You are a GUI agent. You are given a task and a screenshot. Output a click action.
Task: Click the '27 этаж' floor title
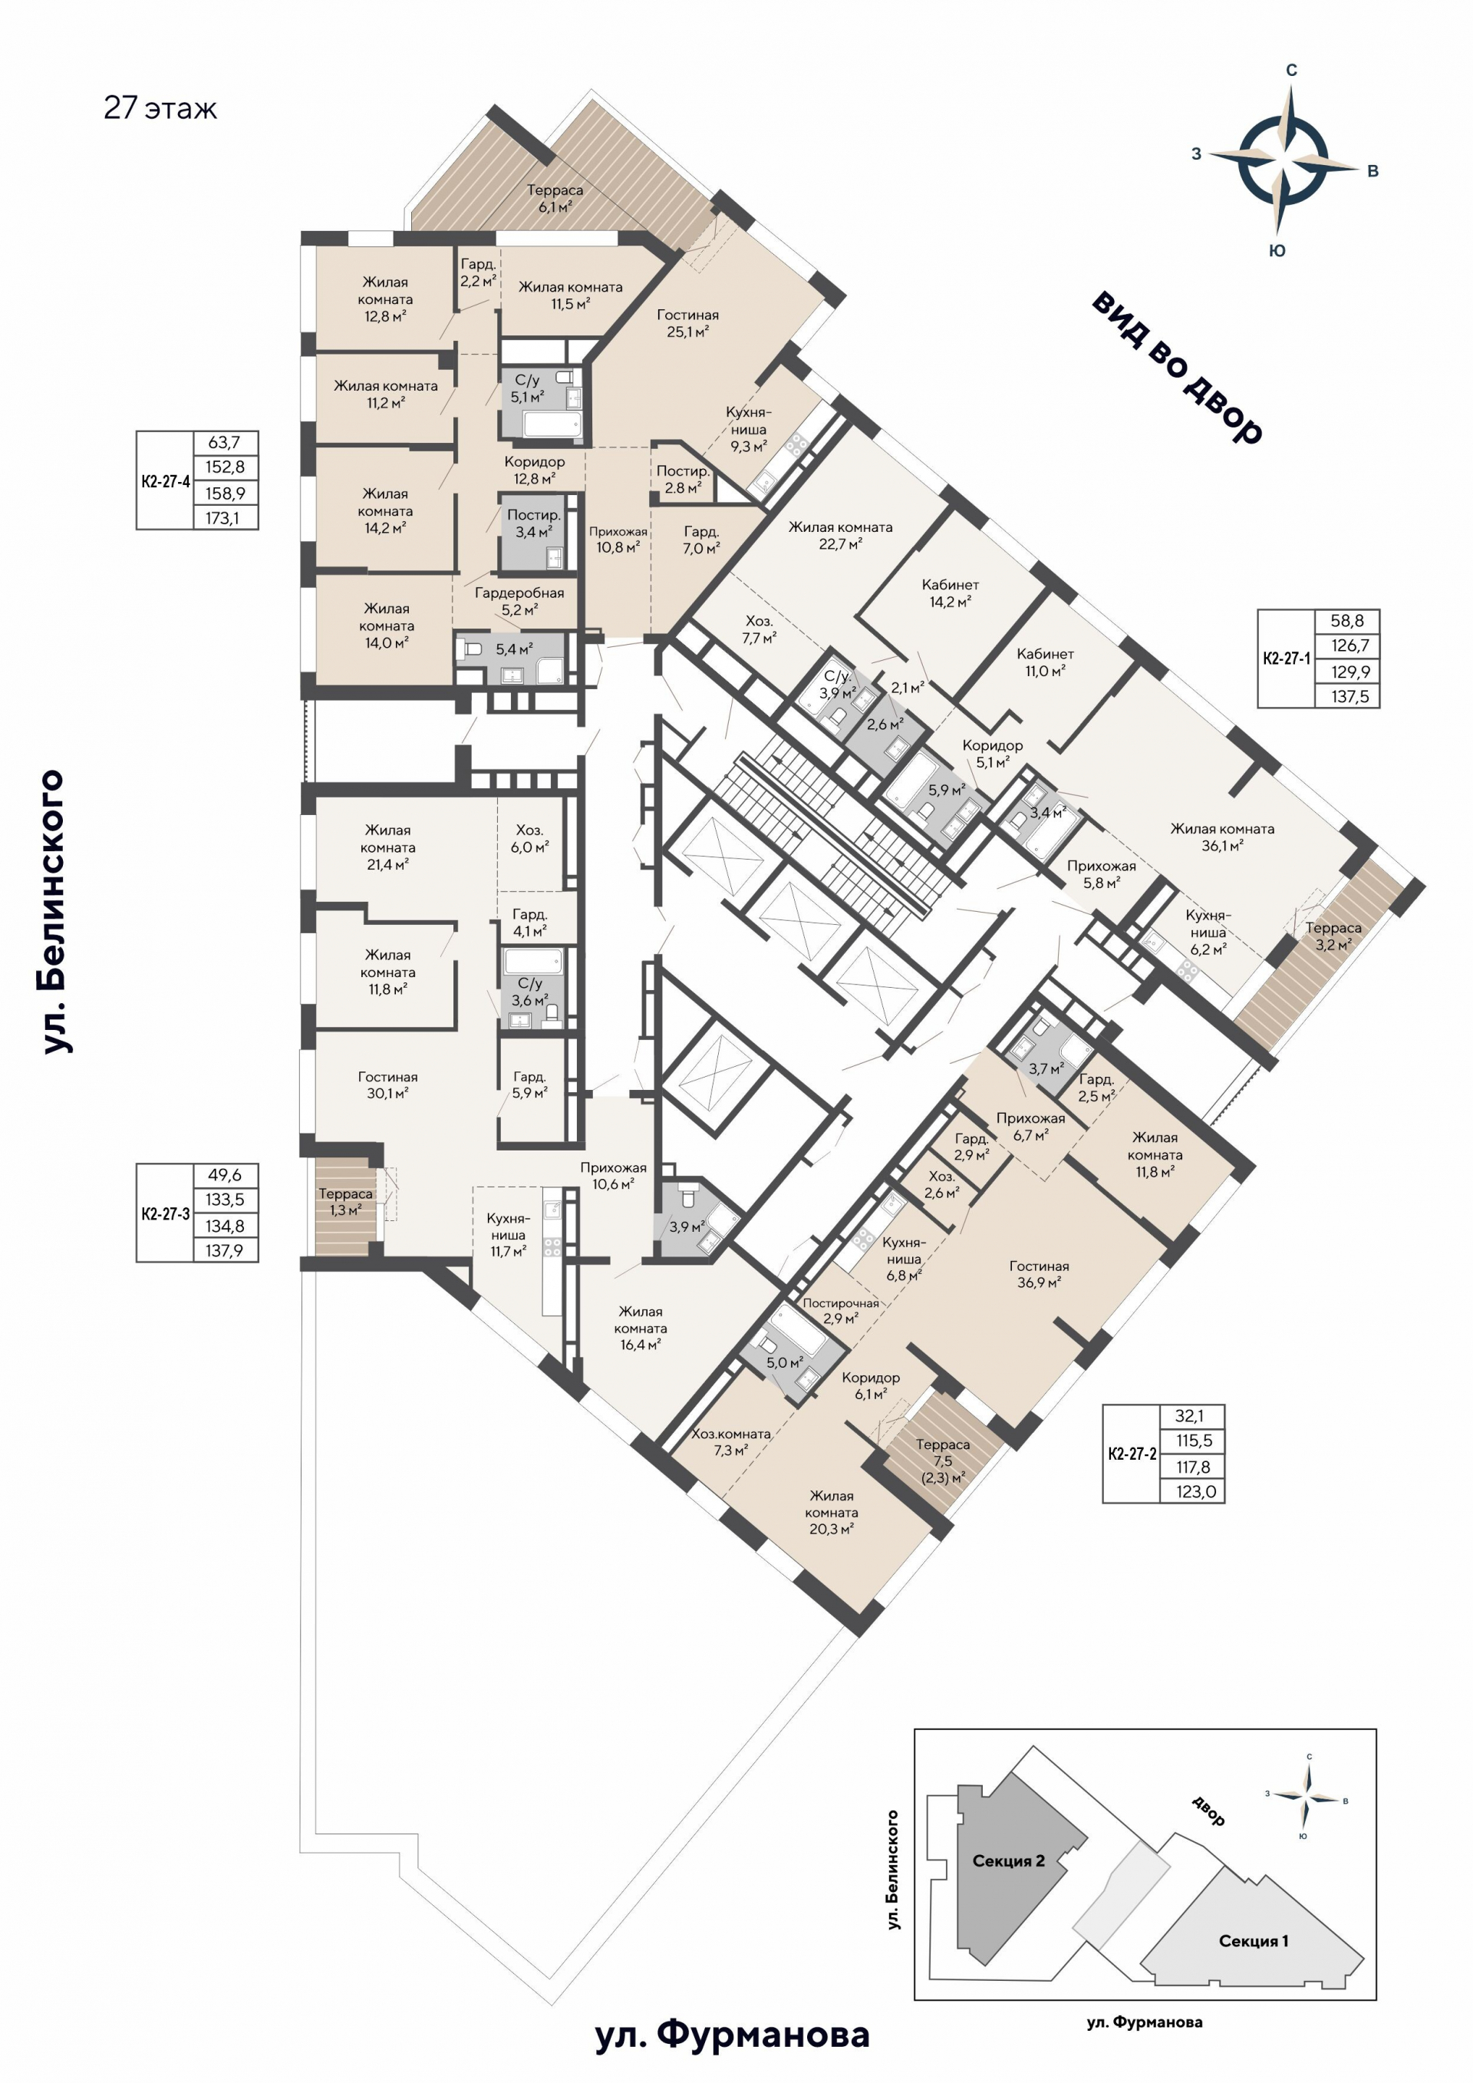coord(160,108)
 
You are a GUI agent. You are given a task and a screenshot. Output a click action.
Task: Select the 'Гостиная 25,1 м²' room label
coord(687,323)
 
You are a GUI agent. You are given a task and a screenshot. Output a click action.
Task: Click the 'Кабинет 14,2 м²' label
coord(950,593)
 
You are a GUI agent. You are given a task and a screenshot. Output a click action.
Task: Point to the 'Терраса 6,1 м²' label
coord(555,198)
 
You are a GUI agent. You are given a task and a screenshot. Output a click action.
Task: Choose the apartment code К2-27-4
coord(165,482)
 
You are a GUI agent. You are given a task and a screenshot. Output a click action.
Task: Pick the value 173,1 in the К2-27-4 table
coord(222,518)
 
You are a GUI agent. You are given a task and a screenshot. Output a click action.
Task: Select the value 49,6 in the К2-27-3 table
coord(224,1175)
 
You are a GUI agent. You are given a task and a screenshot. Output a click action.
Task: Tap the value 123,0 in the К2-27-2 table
coord(1195,1491)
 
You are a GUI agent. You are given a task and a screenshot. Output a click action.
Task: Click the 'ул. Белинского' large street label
coord(53,912)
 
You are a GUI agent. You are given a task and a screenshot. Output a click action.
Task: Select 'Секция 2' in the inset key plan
coord(1009,1860)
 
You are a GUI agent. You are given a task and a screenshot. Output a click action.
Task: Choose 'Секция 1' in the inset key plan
coord(1254,1940)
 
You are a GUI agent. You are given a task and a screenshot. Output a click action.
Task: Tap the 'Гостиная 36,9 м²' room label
coord(1040,1274)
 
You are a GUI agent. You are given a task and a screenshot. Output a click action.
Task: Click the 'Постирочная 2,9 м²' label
coord(840,1310)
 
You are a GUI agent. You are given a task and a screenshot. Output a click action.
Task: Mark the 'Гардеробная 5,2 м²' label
coord(519,601)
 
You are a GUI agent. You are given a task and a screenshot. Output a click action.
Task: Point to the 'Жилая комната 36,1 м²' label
coord(1222,837)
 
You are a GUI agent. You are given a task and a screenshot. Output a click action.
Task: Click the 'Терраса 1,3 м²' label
coord(345,1202)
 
